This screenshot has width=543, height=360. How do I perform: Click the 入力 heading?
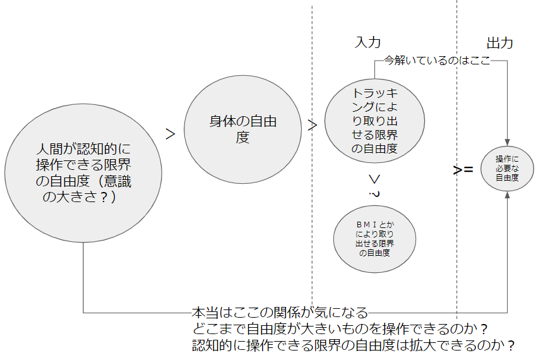368,42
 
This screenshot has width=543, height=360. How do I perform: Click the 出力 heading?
499,43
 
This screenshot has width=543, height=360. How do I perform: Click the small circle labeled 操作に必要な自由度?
507,169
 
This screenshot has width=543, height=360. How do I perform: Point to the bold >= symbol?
463,170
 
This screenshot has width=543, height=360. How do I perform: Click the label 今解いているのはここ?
438,61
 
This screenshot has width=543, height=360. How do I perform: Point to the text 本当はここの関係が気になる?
279,312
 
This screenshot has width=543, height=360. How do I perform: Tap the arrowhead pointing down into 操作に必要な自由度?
507,143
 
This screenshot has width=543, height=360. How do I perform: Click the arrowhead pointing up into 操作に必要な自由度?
507,195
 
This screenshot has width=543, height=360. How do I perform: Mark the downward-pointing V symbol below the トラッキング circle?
374,178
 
